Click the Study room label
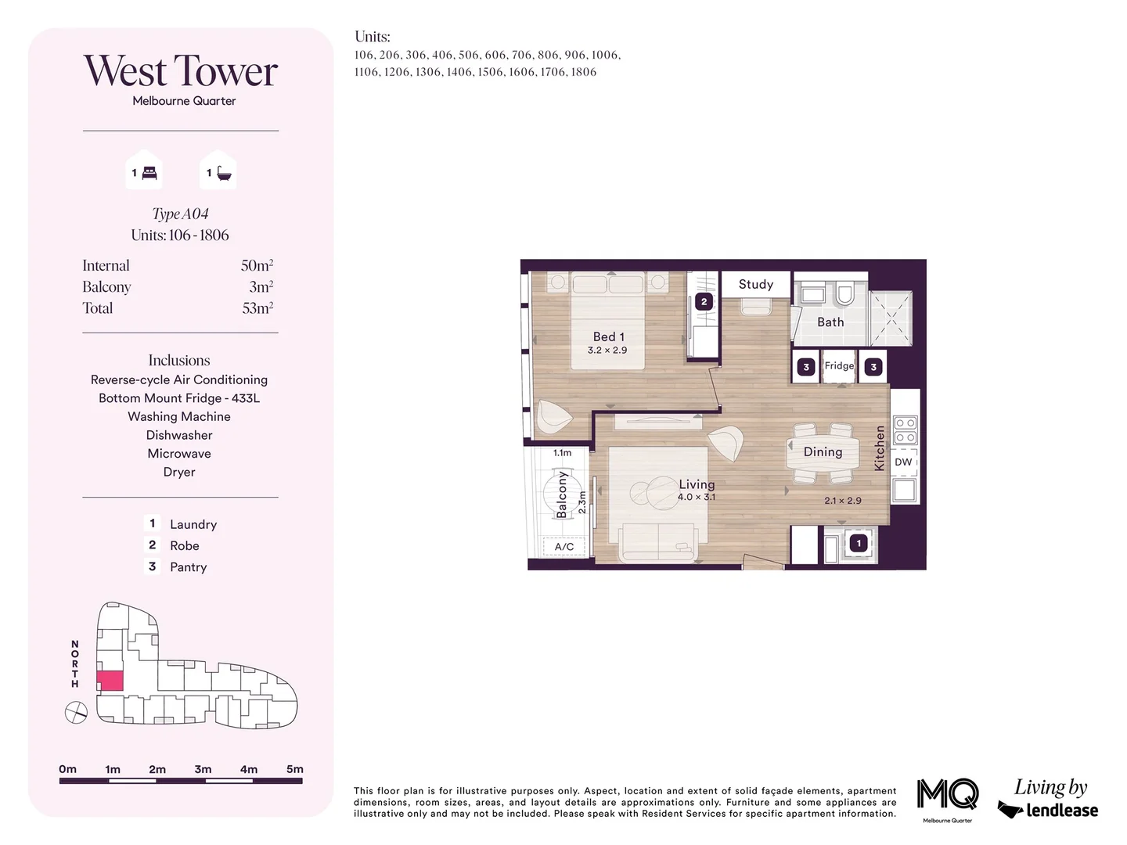pyautogui.click(x=755, y=285)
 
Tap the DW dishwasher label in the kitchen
pyautogui.click(x=903, y=462)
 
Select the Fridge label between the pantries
pyautogui.click(x=839, y=365)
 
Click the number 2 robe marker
pyautogui.click(x=704, y=301)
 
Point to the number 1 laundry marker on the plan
pyautogui.click(x=859, y=543)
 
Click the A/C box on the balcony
pyautogui.click(x=564, y=547)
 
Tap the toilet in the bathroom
pyautogui.click(x=844, y=294)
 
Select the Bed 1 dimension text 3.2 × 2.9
pyautogui.click(x=607, y=351)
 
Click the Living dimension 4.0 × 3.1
pyautogui.click(x=696, y=498)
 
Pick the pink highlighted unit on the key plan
pyautogui.click(x=110, y=681)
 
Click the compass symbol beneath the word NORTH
pyautogui.click(x=76, y=713)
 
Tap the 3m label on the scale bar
pyautogui.click(x=203, y=769)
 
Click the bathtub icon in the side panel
pyautogui.click(x=224, y=173)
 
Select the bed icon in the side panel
pyautogui.click(x=149, y=173)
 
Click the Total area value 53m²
pyautogui.click(x=257, y=308)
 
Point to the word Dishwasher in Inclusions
pyautogui.click(x=179, y=435)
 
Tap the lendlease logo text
pyautogui.click(x=1060, y=811)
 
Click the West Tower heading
pyautogui.click(x=181, y=71)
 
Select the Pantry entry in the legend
pyautogui.click(x=189, y=567)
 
